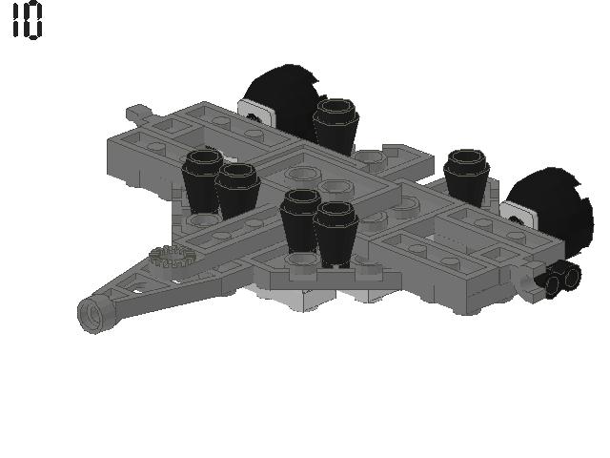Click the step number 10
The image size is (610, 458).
(x=27, y=21)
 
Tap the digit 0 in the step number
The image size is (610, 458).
(x=34, y=21)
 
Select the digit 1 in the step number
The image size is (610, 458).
(x=16, y=21)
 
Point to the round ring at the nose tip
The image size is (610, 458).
(x=93, y=313)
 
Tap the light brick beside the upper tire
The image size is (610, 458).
(x=256, y=114)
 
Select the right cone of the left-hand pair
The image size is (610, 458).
(x=237, y=189)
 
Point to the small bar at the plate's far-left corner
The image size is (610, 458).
(x=138, y=114)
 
